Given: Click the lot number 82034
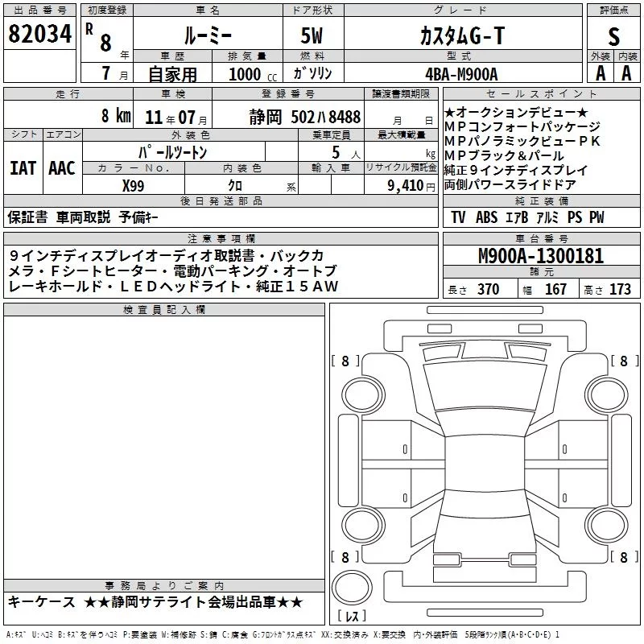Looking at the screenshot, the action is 39,34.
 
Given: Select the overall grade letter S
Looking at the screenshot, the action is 613,36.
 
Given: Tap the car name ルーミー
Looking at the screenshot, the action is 208,36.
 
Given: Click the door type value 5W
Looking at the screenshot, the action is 312,35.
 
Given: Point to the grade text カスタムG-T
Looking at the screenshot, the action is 462,36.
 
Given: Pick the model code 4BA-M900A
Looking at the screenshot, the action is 461,74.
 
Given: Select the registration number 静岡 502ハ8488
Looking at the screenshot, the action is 305,117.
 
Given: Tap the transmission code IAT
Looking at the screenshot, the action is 23,168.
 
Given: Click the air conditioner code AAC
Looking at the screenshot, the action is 62,168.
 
